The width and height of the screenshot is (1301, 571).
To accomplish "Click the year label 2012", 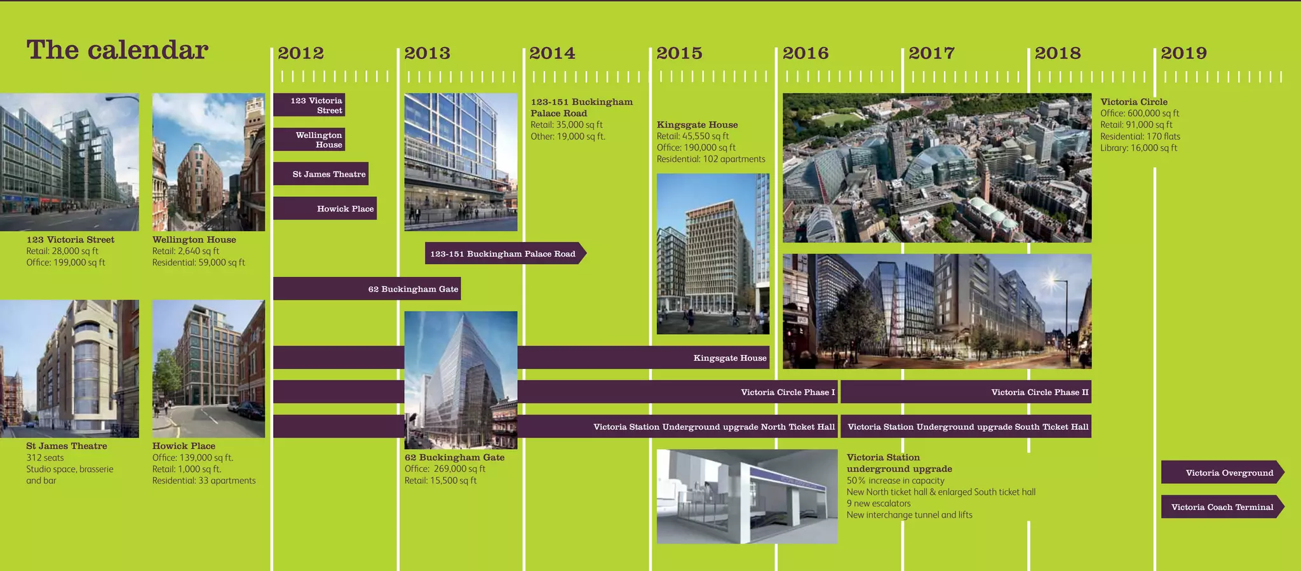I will [300, 53].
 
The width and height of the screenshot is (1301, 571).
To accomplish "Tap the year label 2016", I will [806, 53].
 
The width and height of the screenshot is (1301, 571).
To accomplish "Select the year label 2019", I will [1183, 53].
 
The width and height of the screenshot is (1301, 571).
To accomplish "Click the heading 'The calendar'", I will [118, 50].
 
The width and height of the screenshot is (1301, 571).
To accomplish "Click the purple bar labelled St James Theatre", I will [321, 174].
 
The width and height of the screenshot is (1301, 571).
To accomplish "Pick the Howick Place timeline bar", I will [325, 208].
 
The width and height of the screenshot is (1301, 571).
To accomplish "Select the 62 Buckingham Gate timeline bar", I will [367, 288].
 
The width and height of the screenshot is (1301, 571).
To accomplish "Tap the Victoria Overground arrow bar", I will [1222, 472].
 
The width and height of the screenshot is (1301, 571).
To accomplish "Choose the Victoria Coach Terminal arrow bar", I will [1222, 507].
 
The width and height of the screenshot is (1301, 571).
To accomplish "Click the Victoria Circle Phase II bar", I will [966, 392].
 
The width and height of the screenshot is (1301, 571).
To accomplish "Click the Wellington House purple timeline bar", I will [309, 140].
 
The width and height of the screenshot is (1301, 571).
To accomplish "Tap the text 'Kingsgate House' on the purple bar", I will [730, 358].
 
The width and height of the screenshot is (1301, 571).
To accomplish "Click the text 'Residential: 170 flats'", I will [1140, 137].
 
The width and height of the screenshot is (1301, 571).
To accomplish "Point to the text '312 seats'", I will [45, 458].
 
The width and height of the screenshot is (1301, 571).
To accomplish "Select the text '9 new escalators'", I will [879, 504].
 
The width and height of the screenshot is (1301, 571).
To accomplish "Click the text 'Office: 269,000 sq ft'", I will [445, 469].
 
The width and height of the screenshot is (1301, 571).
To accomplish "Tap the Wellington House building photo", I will [208, 162].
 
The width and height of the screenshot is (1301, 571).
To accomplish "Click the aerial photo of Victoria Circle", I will [937, 168].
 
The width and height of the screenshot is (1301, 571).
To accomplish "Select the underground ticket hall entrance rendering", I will [746, 496].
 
